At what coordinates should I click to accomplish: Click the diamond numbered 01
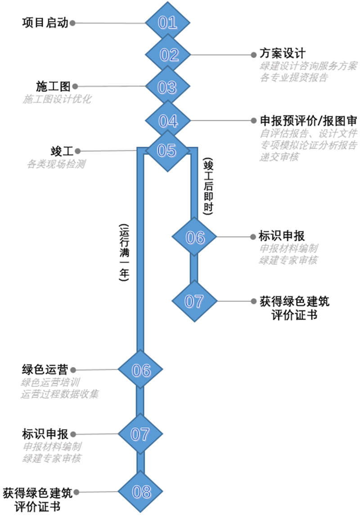(x=167, y=23)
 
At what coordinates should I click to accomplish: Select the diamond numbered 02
(x=167, y=55)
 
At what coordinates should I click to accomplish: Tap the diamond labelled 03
(x=167, y=87)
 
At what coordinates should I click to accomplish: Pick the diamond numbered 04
(x=167, y=120)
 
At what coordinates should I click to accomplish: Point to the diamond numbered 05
(x=166, y=150)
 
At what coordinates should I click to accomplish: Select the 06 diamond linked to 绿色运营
(x=140, y=370)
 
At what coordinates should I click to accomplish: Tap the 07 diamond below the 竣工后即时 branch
(x=194, y=301)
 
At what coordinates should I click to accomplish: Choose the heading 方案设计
(x=282, y=53)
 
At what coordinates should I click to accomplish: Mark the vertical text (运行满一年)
(x=124, y=252)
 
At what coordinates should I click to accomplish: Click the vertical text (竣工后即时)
(x=207, y=186)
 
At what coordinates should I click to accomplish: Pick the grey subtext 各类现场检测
(x=56, y=164)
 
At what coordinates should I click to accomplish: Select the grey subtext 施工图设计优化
(x=57, y=99)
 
